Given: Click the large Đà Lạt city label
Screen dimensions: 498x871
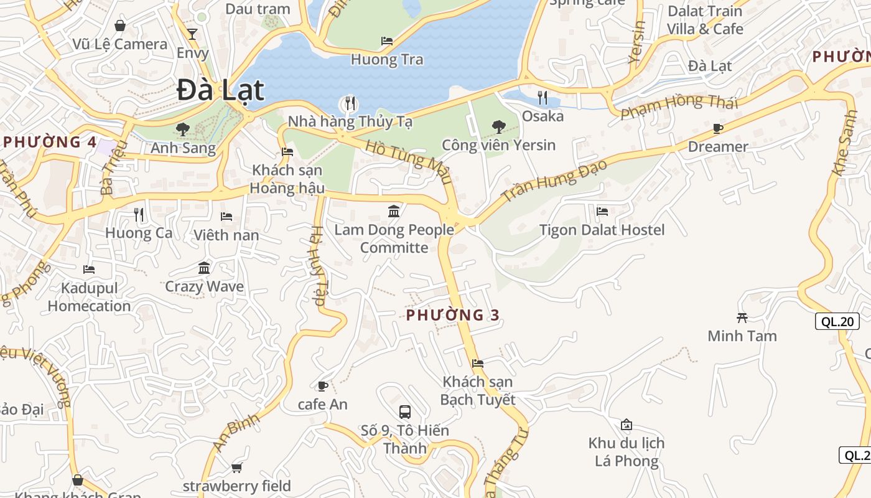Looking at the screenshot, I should (x=220, y=90).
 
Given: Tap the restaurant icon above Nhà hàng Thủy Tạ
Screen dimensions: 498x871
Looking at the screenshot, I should (x=350, y=103).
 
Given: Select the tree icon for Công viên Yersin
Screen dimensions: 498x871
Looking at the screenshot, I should (x=498, y=127).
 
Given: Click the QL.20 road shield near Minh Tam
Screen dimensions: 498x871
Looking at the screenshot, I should (x=837, y=321).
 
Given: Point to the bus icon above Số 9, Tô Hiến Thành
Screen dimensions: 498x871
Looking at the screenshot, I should (x=405, y=411).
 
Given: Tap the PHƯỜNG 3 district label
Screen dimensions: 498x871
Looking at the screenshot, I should (x=452, y=315).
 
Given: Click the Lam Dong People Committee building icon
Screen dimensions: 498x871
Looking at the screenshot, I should (x=394, y=212).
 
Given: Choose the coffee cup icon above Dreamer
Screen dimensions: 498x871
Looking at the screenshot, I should (x=717, y=129).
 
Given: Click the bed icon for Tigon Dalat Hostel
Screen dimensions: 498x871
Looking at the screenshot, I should (x=602, y=212).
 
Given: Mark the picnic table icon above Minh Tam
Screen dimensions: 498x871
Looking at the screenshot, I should (x=742, y=317).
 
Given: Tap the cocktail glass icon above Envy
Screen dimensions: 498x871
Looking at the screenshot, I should (x=192, y=34).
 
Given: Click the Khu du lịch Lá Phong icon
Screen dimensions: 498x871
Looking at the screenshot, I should (x=626, y=425).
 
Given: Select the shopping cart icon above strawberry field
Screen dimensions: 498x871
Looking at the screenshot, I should (x=236, y=467).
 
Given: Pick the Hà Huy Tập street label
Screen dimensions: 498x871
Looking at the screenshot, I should (x=317, y=265).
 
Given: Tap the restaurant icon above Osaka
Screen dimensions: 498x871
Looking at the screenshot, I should (x=543, y=97).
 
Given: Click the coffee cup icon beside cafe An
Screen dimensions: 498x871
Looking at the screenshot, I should (x=322, y=386).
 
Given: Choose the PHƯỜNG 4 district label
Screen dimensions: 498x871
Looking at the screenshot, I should (x=50, y=142).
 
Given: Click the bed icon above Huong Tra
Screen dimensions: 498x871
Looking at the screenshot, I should (x=386, y=41).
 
